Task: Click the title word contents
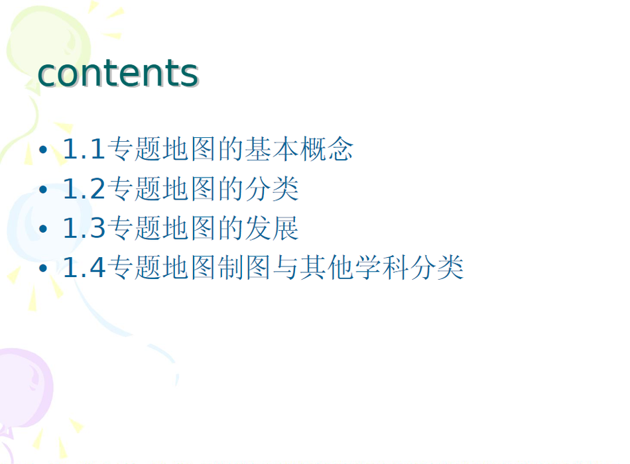tap(118, 73)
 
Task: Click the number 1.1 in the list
tap(84, 149)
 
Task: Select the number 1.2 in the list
tap(84, 189)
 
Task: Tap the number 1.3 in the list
tap(84, 228)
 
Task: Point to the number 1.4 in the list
tap(84, 268)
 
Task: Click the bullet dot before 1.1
tap(43, 150)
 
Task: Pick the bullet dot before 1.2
tap(43, 189)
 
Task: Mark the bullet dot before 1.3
tap(43, 229)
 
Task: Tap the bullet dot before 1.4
tap(43, 268)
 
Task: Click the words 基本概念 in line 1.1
tap(299, 149)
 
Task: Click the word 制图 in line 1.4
tap(244, 268)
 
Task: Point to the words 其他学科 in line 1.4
tap(355, 268)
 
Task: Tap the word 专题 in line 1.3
tap(134, 228)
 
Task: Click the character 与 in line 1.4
tap(286, 268)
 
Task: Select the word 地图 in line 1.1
tap(189, 149)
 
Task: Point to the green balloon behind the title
tap(48, 44)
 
